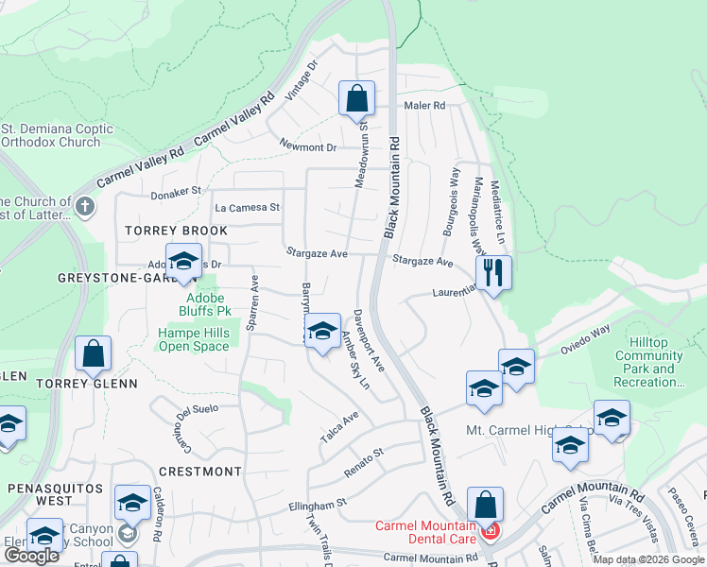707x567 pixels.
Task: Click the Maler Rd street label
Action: point(425,106)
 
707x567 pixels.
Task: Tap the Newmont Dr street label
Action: point(308,146)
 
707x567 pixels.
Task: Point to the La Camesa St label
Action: point(248,207)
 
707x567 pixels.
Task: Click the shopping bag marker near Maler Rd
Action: point(357,98)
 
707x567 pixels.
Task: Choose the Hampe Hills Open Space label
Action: point(193,340)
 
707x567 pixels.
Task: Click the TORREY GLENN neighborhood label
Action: point(87,384)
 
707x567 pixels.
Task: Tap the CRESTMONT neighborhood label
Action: point(200,471)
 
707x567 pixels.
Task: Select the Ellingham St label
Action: point(318,507)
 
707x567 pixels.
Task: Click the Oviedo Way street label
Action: point(587,337)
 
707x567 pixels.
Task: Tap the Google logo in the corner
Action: point(31,556)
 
